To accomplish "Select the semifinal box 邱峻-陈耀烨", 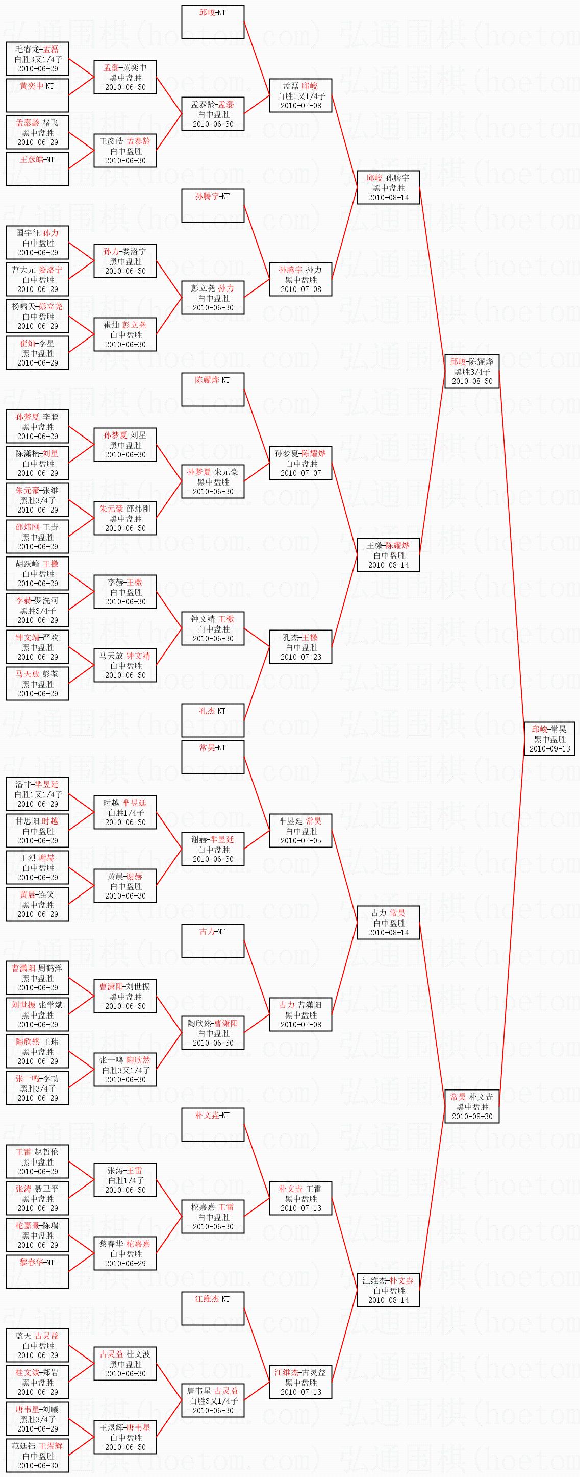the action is pos(472,371).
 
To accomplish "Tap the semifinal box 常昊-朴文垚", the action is pos(472,1106).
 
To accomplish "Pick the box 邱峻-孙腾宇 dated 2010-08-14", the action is pos(388,187).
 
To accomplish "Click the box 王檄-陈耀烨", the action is pos(388,555).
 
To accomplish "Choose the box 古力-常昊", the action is pos(388,923).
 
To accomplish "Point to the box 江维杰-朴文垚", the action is pos(388,1290).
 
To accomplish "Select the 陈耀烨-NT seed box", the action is pos(213,390).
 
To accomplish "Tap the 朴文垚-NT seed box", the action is pos(213,1124).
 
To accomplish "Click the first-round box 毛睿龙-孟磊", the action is pos(37,59).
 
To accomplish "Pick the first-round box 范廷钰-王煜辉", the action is pos(37,1456).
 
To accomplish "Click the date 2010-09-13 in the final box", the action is pos(549,749).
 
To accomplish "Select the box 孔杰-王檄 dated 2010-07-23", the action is pos(300,647).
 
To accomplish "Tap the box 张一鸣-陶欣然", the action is pos(125,1070).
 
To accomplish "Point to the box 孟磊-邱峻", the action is pos(300,95).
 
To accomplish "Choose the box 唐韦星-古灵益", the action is pos(213,1401).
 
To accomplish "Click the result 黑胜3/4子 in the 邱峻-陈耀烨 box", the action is pos(472,372).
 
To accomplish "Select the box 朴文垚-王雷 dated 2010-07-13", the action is pos(300,1198).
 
